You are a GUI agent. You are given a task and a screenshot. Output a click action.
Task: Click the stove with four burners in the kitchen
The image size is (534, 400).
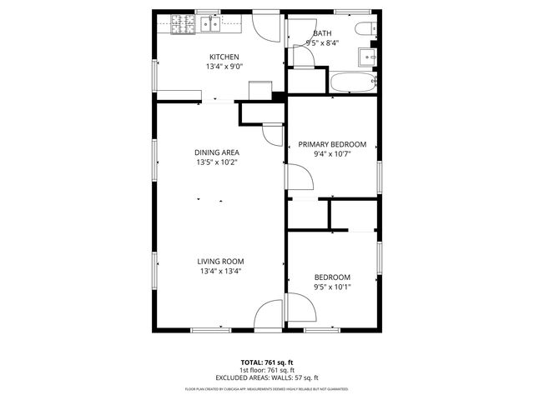click(181, 24)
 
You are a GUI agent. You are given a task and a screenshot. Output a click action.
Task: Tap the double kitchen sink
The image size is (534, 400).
click(209, 24)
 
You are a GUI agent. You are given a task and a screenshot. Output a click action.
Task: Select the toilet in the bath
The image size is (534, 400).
click(364, 30)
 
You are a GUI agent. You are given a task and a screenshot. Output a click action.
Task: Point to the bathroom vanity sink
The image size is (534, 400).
click(367, 57)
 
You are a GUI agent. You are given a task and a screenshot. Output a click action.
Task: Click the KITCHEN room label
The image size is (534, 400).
click(223, 57)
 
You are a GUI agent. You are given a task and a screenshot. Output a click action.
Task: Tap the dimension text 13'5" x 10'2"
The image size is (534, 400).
click(217, 162)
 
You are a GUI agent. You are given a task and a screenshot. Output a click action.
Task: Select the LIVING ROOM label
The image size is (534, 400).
click(221, 261)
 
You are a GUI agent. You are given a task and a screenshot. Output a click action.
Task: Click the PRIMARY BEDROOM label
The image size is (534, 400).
click(331, 144)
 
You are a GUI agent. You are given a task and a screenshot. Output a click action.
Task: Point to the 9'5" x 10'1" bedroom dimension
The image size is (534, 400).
click(332, 287)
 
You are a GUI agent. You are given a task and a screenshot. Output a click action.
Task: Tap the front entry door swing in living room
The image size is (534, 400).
click(269, 315)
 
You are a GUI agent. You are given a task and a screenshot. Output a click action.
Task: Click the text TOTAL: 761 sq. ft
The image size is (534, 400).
click(267, 362)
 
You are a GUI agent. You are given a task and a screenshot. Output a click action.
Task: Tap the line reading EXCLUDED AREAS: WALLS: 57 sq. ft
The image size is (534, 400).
click(267, 377)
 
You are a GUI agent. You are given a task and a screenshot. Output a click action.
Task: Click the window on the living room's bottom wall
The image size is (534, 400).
click(211, 330)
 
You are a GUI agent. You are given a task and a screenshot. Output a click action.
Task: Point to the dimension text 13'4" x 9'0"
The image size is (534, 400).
click(223, 67)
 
